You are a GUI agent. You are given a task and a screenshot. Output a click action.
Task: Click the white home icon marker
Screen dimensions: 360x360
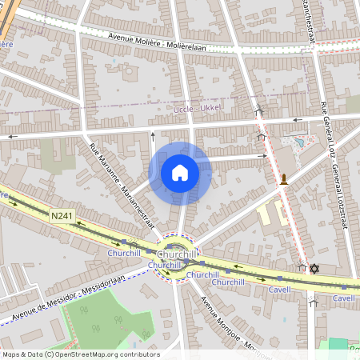180,173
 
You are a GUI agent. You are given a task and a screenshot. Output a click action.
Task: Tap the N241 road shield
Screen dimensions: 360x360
61,216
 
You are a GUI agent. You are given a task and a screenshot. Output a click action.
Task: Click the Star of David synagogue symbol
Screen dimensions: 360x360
314,268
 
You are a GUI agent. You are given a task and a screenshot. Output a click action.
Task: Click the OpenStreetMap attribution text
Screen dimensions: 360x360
81,354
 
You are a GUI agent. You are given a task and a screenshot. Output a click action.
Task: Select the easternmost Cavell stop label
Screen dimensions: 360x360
343,298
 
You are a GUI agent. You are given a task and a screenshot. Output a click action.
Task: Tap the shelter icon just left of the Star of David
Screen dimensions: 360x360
302,268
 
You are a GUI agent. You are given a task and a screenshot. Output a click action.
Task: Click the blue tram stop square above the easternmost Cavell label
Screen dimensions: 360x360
343,286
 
